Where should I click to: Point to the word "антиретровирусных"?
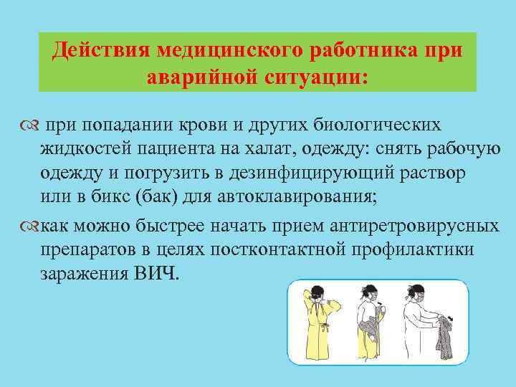click(x=416, y=227)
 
